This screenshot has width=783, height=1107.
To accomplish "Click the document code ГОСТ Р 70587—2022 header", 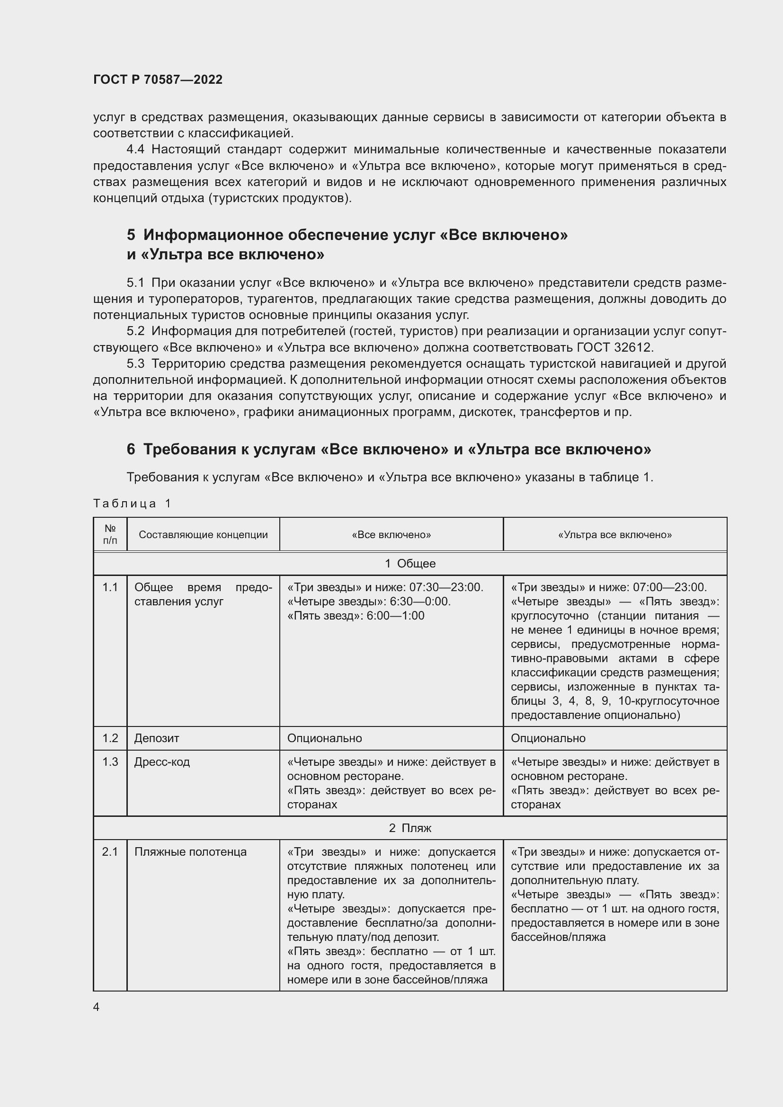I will (x=158, y=80).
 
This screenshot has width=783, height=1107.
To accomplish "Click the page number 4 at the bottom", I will (x=97, y=1007).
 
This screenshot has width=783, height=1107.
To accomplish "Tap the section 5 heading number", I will (x=131, y=235).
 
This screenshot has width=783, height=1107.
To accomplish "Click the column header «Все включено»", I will (x=391, y=534).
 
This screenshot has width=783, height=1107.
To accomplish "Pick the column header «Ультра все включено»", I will (x=615, y=534).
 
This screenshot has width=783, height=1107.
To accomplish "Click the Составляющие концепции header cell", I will (x=203, y=534).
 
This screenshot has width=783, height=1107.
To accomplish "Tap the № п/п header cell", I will (x=110, y=534).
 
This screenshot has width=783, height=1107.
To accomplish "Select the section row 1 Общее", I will (x=410, y=563).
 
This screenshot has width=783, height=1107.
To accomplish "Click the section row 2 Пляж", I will (x=410, y=828).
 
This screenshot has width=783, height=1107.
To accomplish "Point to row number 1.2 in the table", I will (x=110, y=738).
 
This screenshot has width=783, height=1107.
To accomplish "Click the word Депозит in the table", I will (x=157, y=738).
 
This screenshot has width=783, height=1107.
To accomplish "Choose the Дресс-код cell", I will (x=162, y=762).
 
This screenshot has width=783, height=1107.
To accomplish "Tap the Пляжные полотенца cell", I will (x=190, y=851).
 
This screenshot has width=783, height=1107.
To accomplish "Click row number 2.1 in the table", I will (x=110, y=851).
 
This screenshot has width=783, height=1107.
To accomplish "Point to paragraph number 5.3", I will (x=135, y=363).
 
